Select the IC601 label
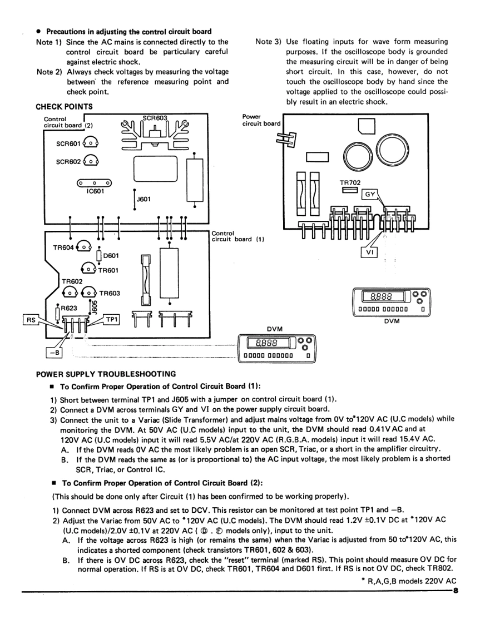click(x=96, y=190)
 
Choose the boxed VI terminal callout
click(x=370, y=252)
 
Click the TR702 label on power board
click(x=350, y=181)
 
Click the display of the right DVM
click(x=379, y=297)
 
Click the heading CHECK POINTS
click(x=64, y=106)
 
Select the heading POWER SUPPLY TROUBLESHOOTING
click(x=106, y=374)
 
